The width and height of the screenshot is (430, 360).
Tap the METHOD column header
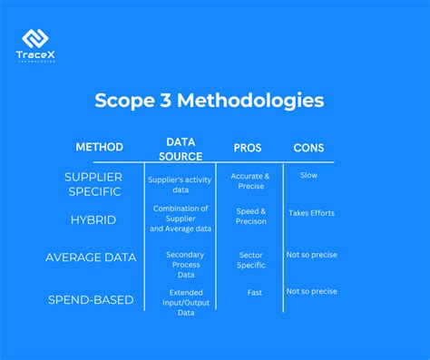tap(99, 147)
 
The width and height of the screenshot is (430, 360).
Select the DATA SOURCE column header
tap(181, 149)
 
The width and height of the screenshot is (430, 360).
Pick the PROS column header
tap(249, 147)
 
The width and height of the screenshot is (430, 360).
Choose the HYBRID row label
tap(93, 219)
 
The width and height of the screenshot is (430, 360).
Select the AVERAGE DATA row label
tap(91, 257)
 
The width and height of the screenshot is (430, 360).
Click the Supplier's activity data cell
tap(180, 184)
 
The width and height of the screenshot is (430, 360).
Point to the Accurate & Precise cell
tap(250, 181)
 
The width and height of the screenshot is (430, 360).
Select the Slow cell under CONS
tap(308, 175)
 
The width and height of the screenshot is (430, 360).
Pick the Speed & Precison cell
tap(251, 215)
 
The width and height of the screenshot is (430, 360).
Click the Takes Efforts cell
tap(311, 213)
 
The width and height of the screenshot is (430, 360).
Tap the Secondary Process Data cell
tap(185, 264)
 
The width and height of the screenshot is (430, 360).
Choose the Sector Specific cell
tap(251, 260)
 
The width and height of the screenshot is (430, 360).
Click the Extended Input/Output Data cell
tap(185, 302)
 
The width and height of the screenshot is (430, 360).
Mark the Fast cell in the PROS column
tap(254, 292)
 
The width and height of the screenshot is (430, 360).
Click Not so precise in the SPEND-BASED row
tap(311, 291)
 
